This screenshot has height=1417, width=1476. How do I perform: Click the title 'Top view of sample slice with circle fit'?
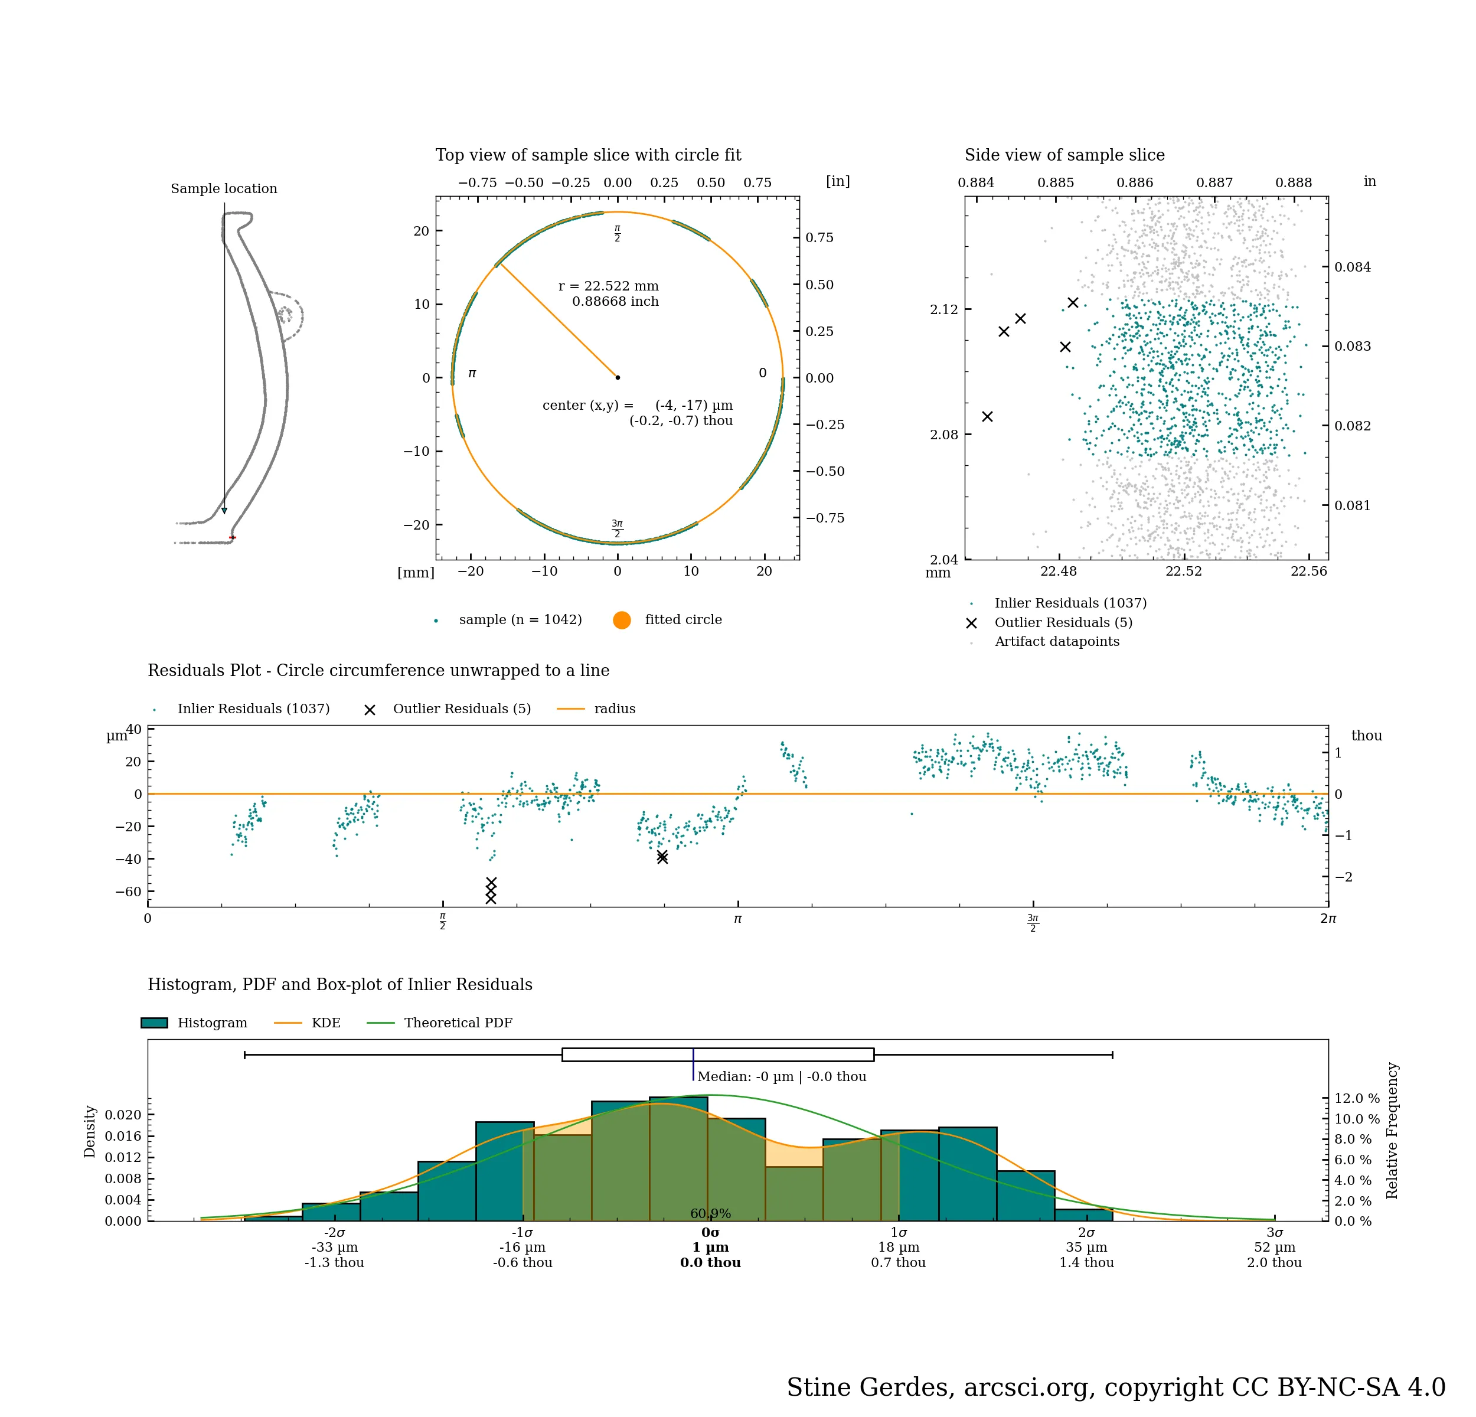point(587,155)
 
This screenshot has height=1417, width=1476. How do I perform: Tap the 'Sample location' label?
point(224,188)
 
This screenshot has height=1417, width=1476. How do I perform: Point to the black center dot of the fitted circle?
point(618,377)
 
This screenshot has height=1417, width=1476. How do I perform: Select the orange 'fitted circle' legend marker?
point(621,620)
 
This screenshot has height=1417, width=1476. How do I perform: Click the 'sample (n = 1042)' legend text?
point(520,620)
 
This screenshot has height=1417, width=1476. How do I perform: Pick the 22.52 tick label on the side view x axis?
point(1183,571)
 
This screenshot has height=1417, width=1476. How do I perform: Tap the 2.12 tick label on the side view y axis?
point(943,309)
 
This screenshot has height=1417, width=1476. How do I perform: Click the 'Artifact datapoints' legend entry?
point(1057,642)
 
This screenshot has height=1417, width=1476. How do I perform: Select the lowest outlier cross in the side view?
point(987,416)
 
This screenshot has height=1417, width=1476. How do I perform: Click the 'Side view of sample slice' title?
point(1064,155)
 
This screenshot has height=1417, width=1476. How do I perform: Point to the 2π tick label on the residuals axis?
point(1328,919)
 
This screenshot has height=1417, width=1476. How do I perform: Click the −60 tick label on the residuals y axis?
point(128,892)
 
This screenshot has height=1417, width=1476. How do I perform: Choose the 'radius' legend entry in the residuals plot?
point(614,708)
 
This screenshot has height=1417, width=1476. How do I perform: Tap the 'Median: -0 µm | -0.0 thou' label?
point(781,1077)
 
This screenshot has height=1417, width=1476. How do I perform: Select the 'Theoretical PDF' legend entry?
point(458,1023)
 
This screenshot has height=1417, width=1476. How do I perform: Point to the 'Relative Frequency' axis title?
point(1392,1130)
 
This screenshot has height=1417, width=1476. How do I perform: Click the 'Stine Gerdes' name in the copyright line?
point(870,1387)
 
